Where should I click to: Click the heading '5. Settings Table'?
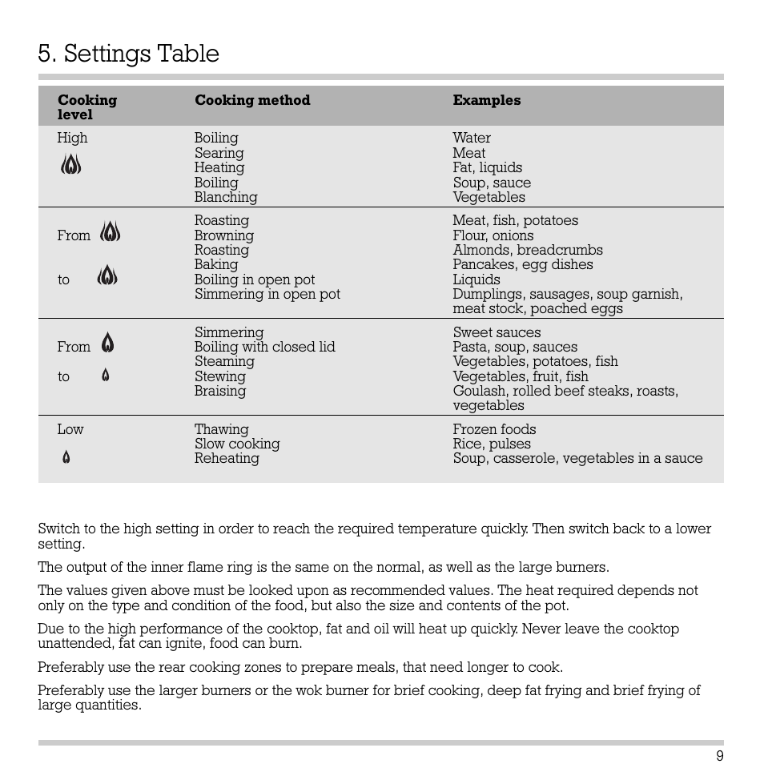pyautogui.click(x=128, y=54)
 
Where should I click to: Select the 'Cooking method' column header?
pyautogui.click(x=252, y=100)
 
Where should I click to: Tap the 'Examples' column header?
pyautogui.click(x=486, y=100)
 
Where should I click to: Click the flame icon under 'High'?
pyautogui.click(x=71, y=166)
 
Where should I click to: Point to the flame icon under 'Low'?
pyautogui.click(x=66, y=458)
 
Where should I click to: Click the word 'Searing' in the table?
pyautogui.click(x=219, y=153)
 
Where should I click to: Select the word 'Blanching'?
pyautogui.click(x=226, y=197)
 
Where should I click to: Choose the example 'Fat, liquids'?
pyautogui.click(x=487, y=167)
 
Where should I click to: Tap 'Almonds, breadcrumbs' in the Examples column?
pyautogui.click(x=527, y=250)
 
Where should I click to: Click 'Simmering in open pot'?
pyautogui.click(x=267, y=294)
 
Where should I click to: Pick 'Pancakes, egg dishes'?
pyautogui.click(x=522, y=264)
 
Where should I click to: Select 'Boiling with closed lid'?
pyautogui.click(x=264, y=347)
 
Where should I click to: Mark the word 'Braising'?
pyautogui.click(x=220, y=391)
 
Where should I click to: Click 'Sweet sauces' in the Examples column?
pyautogui.click(x=497, y=332)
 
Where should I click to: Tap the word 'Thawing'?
pyautogui.click(x=221, y=429)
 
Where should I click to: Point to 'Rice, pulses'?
pyautogui.click(x=491, y=444)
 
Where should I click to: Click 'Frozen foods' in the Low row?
pyautogui.click(x=494, y=429)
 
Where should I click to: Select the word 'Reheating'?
pyautogui.click(x=227, y=458)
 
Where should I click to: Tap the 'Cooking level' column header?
pyautogui.click(x=86, y=107)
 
